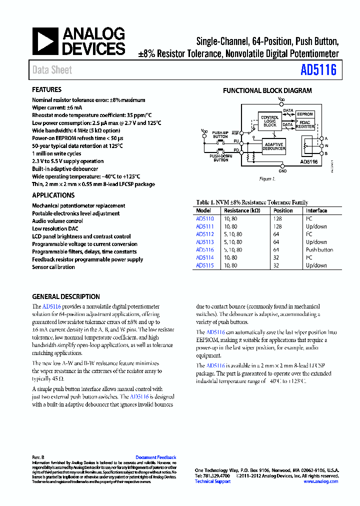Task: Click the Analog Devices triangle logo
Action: pos(45,41)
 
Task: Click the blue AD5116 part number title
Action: pos(318,70)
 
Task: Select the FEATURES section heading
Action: pos(47,90)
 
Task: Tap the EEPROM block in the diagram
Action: pos(304,114)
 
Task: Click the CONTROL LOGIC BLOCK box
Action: pos(270,121)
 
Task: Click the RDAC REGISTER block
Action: pos(305,125)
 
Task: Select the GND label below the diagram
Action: pos(282,171)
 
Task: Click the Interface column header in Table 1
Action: pos(316,210)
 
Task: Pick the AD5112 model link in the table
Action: pos(205,234)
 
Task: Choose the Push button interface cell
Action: pos(319,249)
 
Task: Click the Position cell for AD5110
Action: pos(277,218)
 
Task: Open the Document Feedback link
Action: pos(156,457)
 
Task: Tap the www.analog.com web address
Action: pos(320,481)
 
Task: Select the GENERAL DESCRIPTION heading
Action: pos(66,296)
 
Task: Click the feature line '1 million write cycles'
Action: pos(57,153)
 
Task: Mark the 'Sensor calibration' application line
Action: pos(53,267)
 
